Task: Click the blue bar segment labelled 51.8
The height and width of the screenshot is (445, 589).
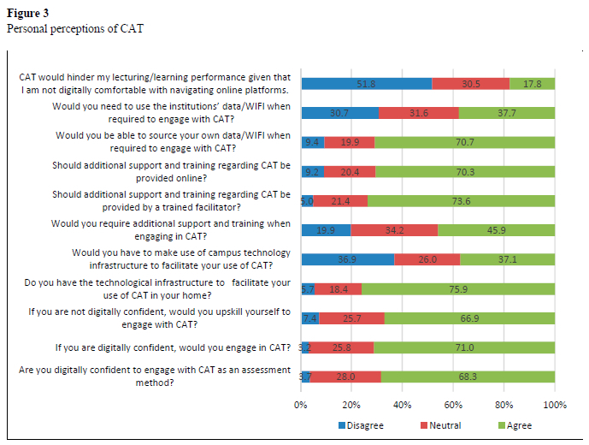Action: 366,84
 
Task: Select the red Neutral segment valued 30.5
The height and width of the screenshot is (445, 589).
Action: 470,84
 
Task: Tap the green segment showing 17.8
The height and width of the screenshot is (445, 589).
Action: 532,84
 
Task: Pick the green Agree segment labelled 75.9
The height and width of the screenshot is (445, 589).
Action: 458,289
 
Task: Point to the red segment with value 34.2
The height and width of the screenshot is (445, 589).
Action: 394,230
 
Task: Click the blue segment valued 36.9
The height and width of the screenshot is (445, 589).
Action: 348,259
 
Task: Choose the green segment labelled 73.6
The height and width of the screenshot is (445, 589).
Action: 461,201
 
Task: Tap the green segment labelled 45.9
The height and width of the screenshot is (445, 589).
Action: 496,230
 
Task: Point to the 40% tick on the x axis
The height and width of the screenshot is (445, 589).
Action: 403,405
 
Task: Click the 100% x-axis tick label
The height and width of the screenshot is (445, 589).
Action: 554,405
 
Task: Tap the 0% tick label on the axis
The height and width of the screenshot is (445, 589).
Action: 301,405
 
